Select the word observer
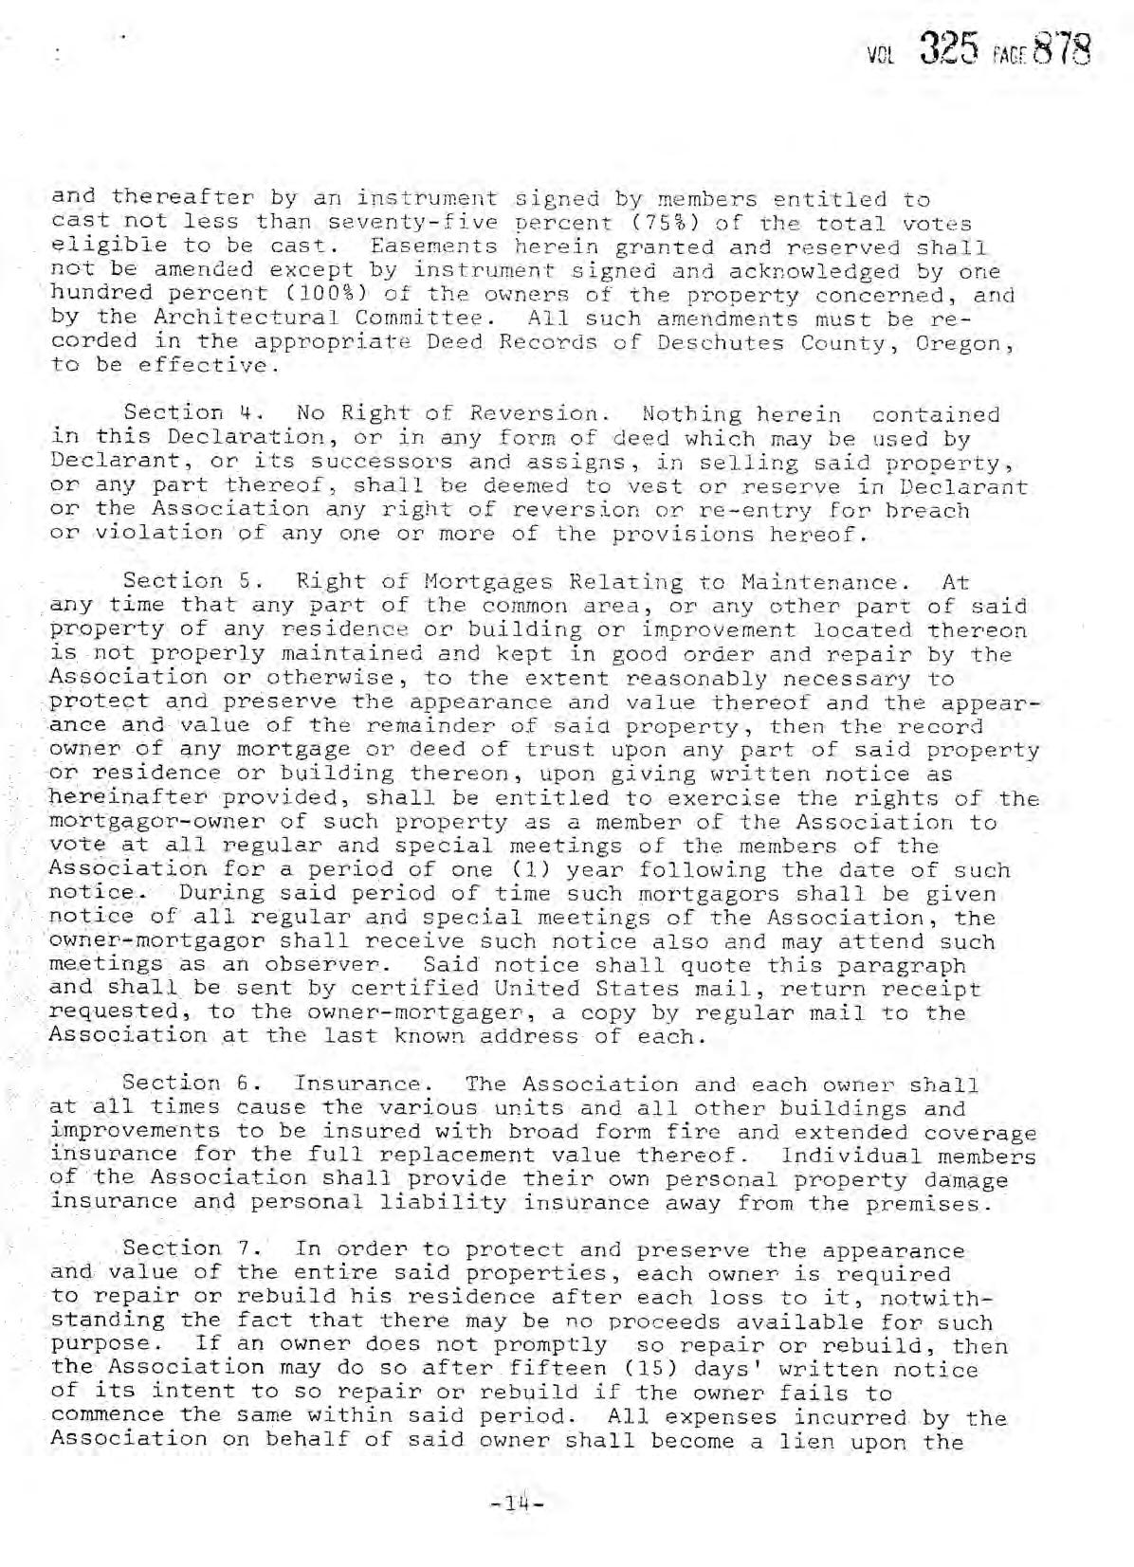click(x=327, y=965)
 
